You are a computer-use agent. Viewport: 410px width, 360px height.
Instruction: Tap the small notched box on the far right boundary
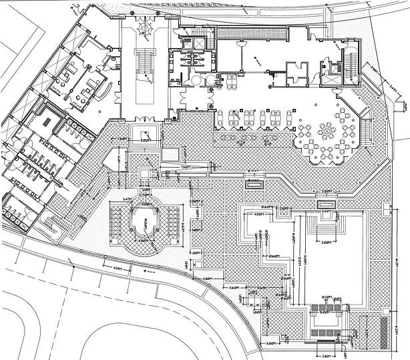pyautogui.click(x=403, y=106)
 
